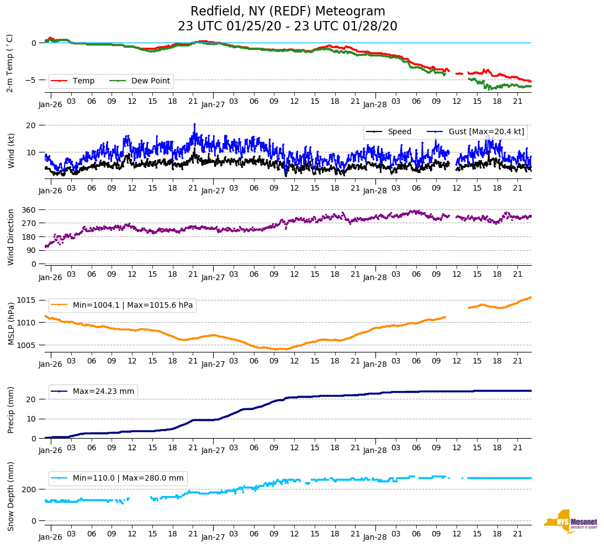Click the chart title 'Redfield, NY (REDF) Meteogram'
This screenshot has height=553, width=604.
(x=288, y=12)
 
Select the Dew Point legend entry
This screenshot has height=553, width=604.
(x=151, y=81)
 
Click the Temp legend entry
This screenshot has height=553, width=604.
(x=83, y=81)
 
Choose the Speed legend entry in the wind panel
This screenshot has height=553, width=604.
(x=399, y=131)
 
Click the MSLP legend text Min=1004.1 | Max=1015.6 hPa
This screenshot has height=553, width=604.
(x=133, y=305)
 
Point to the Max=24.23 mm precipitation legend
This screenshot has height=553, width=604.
(x=103, y=391)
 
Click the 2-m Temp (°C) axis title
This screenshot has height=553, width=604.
(x=9, y=63)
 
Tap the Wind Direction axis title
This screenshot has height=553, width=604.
(x=10, y=236)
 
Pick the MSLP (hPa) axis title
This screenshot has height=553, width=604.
(x=10, y=323)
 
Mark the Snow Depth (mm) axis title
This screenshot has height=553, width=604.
(x=10, y=497)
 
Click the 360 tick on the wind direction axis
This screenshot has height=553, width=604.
(x=29, y=210)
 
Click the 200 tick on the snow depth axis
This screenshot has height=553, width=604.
(x=29, y=489)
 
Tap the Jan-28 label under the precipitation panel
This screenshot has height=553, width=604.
(x=375, y=450)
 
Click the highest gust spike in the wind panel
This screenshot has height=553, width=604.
(x=194, y=124)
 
